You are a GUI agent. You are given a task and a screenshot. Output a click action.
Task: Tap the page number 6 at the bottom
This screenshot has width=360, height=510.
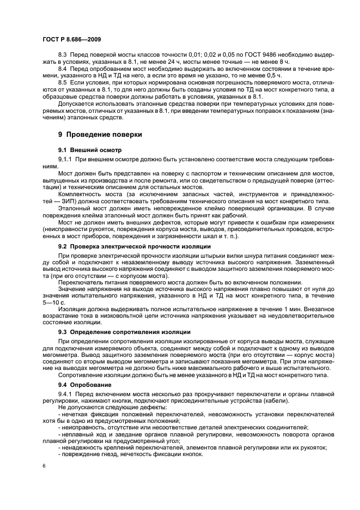[x=44, y=466]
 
